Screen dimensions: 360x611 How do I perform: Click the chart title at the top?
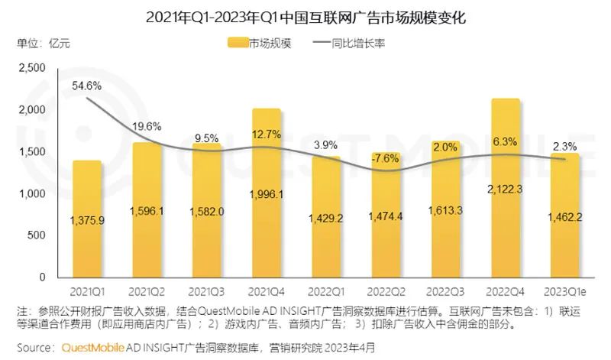[x=305, y=16]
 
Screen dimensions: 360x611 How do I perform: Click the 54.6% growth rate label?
[x=87, y=86]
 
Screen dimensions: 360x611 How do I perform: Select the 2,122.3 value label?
[x=506, y=187]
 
